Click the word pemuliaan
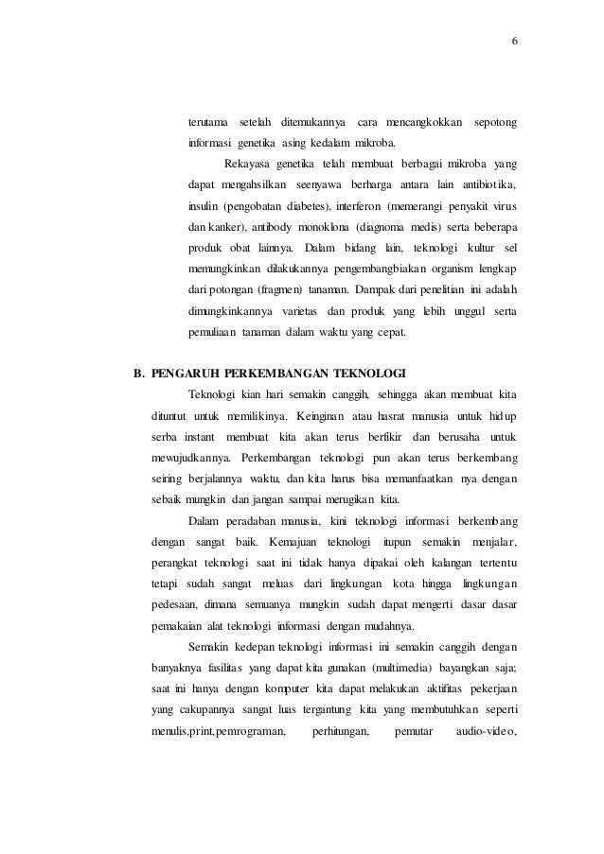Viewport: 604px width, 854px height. tap(213, 333)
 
